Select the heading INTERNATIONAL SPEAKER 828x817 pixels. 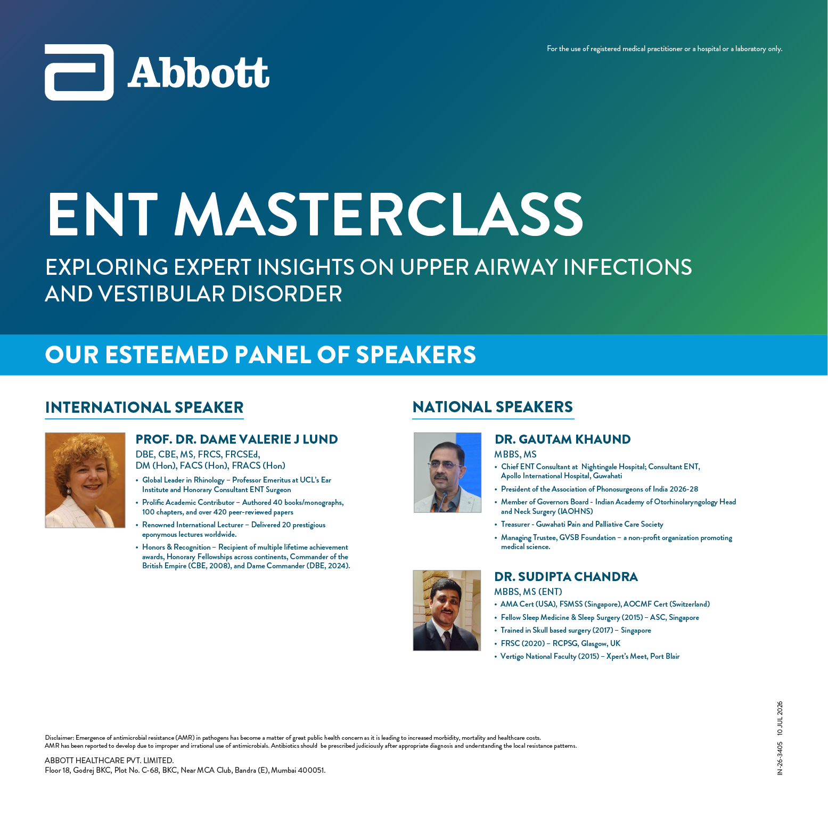coord(144,407)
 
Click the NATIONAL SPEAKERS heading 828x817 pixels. coord(493,407)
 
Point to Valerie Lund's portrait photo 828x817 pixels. coord(85,480)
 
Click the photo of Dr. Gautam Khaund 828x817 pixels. coord(447,472)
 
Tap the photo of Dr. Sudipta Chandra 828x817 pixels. coord(447,610)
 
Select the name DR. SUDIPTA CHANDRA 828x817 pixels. coord(566,577)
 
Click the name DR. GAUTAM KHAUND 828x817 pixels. coord(563,439)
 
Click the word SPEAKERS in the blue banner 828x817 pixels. coord(416,355)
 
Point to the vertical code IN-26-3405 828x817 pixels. coord(780,758)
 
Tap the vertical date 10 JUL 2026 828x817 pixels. coord(780,719)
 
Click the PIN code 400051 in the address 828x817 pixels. coord(310,770)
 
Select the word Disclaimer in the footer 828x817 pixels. coord(59,738)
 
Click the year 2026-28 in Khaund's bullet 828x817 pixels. coord(684,489)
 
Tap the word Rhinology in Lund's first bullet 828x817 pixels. coord(209,480)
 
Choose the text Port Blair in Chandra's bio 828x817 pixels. coord(665,656)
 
